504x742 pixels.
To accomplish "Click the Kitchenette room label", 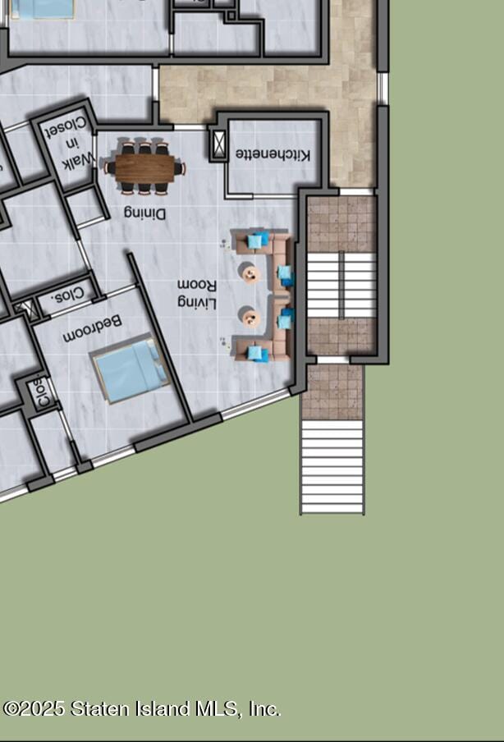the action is [x=273, y=154].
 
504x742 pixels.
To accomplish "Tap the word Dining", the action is [x=145, y=213].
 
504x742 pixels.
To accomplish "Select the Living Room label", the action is [x=197, y=293].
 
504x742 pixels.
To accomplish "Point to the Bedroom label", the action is [x=92, y=329].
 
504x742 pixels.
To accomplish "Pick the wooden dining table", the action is [x=145, y=168].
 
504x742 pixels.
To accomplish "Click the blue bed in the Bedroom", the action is [x=131, y=370].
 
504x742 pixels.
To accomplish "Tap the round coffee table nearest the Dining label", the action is [x=251, y=273].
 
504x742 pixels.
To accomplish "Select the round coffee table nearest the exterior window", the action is [x=250, y=318].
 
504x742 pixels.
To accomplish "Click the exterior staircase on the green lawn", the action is [x=332, y=466].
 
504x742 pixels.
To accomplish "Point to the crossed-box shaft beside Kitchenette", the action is [x=218, y=144].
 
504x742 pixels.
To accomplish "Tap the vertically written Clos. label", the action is [x=43, y=392].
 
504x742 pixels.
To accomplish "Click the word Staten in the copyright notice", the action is [x=99, y=709].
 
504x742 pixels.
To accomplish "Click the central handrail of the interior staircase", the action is [x=341, y=285].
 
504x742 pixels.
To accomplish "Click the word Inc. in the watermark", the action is [x=264, y=709].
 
